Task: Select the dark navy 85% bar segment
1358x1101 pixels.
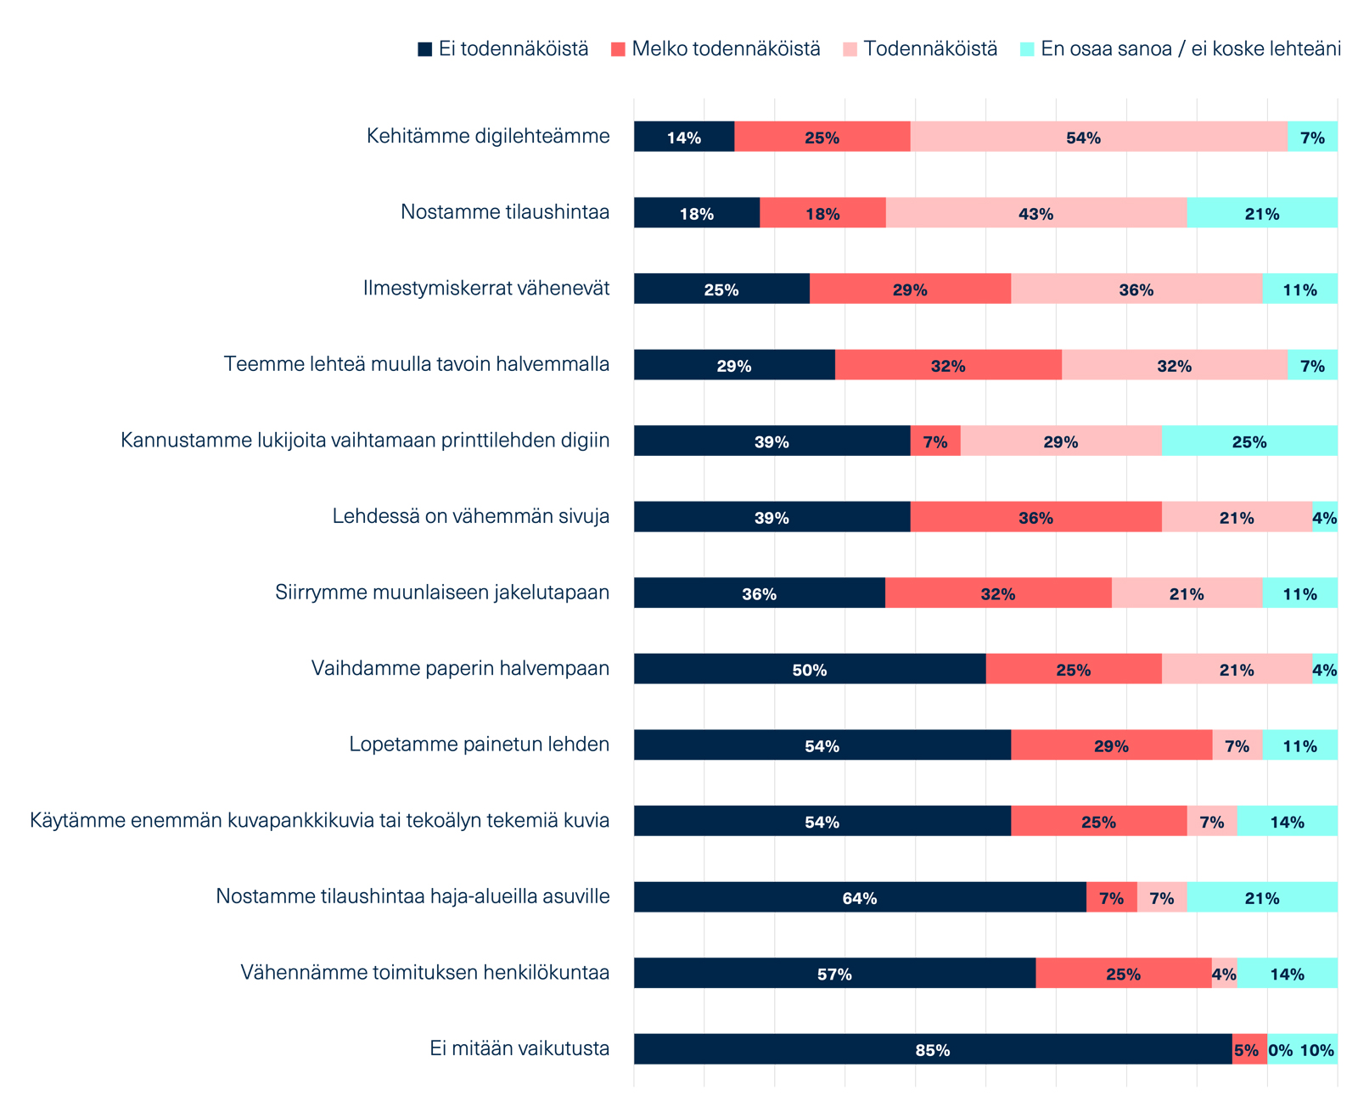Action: click(x=932, y=1049)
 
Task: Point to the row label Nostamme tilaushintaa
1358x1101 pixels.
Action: click(x=505, y=212)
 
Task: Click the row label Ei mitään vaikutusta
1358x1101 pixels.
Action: click(x=519, y=1048)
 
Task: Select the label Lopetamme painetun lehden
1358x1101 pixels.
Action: click(x=480, y=744)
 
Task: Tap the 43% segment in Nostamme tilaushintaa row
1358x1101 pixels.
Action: click(x=1035, y=213)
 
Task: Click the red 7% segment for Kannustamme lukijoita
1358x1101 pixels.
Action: click(x=935, y=441)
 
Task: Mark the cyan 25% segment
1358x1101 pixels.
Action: click(x=1249, y=441)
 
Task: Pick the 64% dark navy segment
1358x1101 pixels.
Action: click(x=859, y=897)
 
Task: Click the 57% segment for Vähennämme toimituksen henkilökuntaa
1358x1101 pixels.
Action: click(x=834, y=973)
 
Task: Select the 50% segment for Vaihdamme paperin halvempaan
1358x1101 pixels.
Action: click(x=809, y=669)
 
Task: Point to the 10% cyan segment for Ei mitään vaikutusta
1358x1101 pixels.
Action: click(x=1316, y=1049)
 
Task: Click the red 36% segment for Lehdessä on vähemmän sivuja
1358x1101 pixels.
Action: click(x=1035, y=517)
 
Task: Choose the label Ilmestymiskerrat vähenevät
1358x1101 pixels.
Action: click(x=486, y=289)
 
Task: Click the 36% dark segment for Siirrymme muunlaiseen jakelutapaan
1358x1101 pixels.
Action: click(x=759, y=593)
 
